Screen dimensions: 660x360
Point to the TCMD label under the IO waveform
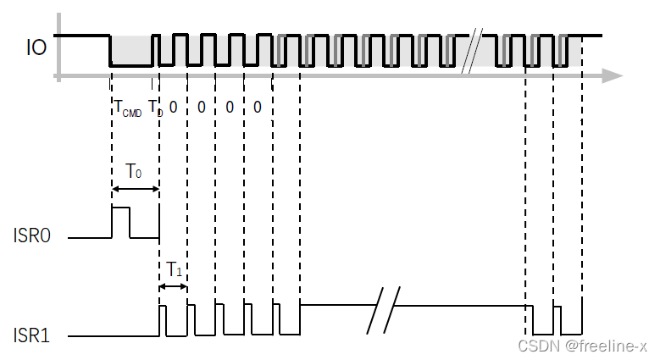[127, 108]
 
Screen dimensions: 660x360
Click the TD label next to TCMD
[155, 108]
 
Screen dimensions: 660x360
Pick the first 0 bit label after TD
[173, 107]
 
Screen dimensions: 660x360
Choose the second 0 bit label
[201, 107]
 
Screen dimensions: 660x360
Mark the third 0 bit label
[230, 107]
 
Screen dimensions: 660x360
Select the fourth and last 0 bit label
[258, 107]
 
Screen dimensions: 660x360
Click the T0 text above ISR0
[134, 171]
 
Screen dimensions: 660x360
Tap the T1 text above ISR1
[174, 269]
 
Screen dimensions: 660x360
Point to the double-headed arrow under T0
[136, 189]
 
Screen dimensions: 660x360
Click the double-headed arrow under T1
[174, 287]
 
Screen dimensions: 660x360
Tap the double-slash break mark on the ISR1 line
[385, 311]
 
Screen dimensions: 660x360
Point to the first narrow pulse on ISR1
[164, 320]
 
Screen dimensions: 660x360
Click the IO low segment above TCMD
[131, 64]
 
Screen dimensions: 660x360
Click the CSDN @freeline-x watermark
[584, 346]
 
